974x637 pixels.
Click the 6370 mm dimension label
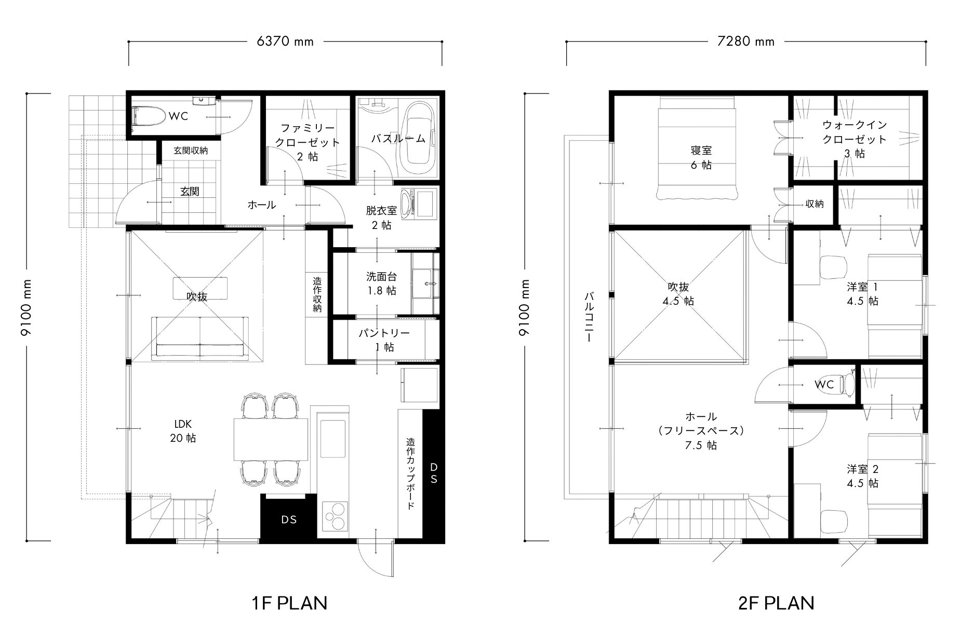285,42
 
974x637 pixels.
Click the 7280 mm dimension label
745,42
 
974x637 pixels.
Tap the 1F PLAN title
289,603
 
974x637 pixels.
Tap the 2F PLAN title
776,603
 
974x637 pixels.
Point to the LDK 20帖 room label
183,431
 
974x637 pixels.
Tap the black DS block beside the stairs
289,519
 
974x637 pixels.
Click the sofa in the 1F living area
201,338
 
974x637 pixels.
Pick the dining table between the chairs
271,439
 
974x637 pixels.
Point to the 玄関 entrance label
190,192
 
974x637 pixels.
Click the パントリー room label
384,340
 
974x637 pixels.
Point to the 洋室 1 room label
863,294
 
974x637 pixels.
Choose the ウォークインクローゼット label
855,139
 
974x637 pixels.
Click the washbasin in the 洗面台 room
426,283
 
